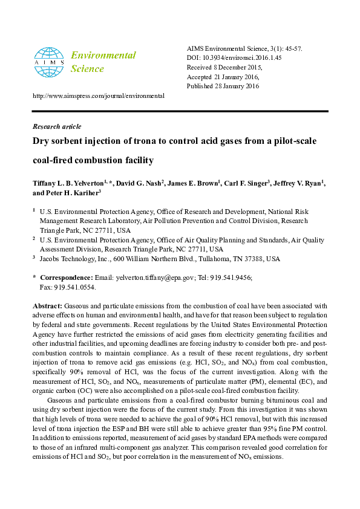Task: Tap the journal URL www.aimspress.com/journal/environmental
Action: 98,96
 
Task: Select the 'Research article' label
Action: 56,126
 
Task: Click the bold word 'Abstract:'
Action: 47,306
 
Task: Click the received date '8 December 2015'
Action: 239,67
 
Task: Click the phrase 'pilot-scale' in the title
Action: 292,141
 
